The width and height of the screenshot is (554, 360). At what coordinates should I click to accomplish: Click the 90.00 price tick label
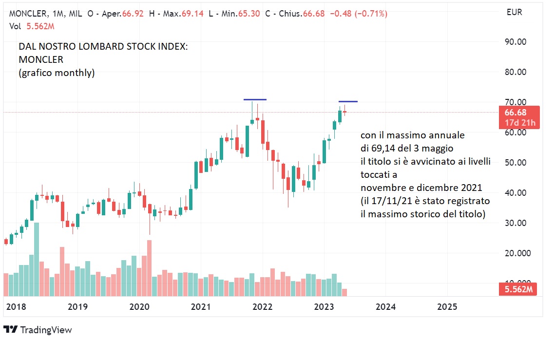515,42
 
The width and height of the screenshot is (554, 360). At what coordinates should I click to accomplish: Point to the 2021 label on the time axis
201,307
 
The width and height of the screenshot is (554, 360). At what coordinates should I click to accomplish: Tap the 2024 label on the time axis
385,307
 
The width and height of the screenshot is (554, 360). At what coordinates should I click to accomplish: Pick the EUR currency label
514,13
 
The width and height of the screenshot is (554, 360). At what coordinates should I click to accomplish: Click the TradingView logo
38,330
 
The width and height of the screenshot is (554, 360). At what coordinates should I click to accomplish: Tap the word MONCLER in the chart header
28,14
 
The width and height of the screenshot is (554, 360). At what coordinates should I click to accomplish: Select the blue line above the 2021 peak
255,99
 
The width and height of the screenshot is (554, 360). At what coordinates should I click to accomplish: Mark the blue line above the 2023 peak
348,101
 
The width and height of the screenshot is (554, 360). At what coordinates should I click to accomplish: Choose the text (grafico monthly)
57,73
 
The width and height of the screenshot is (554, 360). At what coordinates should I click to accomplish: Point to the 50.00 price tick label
515,163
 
